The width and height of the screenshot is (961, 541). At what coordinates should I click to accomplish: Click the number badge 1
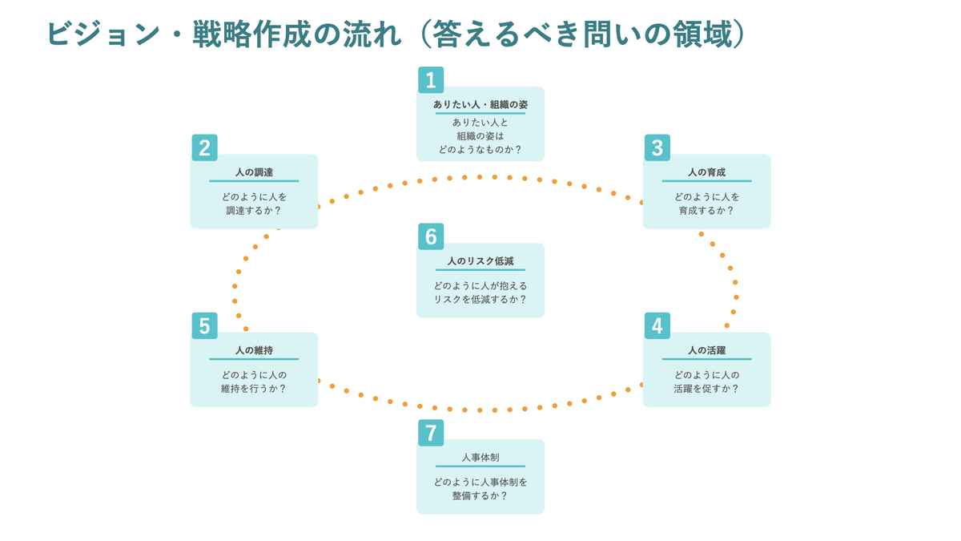point(431,80)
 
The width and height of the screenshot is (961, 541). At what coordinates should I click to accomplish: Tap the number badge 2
point(204,148)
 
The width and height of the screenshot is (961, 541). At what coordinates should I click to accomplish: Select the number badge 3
point(657,148)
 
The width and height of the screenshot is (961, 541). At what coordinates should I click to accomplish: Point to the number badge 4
point(657,326)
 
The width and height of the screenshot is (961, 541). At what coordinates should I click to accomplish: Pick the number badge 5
point(204,326)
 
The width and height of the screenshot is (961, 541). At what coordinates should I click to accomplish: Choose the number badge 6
point(431,236)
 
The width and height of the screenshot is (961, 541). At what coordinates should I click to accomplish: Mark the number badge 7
point(431,433)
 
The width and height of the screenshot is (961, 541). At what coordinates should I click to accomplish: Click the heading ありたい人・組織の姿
point(480,104)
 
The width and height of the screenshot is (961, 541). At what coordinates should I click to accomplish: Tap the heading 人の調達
point(254,172)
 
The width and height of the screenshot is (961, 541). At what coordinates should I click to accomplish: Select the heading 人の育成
point(706,172)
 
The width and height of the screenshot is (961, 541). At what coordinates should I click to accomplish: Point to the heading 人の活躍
point(706,350)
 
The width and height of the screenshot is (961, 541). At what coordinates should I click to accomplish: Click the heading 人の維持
point(254,350)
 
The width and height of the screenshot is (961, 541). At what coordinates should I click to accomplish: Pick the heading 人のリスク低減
point(480,261)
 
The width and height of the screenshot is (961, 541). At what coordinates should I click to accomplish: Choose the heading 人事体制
point(480,457)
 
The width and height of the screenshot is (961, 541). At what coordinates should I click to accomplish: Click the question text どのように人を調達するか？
point(254,204)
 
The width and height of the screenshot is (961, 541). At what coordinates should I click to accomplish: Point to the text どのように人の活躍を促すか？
point(706,382)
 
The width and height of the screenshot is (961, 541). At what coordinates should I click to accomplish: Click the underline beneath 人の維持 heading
point(254,359)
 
